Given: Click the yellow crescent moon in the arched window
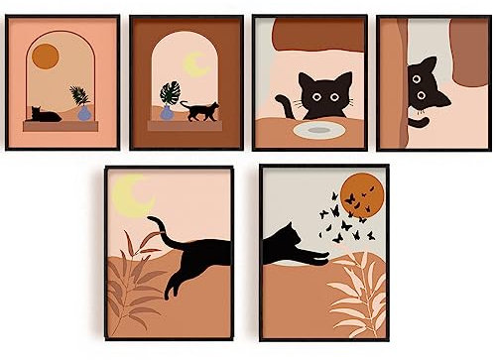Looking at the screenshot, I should tap(195, 64).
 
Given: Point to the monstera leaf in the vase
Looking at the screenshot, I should tap(169, 93).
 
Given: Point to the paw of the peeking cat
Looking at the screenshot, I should tap(421, 123).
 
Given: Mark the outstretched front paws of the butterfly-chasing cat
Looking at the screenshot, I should tap(317, 260).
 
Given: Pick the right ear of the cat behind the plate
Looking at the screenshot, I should tap(344, 78).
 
